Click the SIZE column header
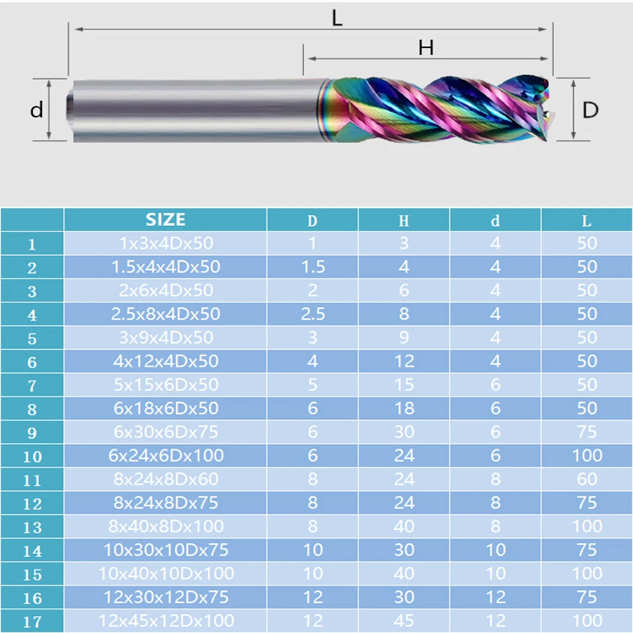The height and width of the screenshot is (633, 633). click(x=165, y=220)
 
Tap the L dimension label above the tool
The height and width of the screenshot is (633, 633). click(x=337, y=18)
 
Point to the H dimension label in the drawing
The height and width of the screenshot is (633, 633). click(x=426, y=47)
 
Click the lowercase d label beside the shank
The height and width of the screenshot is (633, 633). click(x=36, y=110)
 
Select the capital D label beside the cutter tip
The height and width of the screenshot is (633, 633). click(x=590, y=110)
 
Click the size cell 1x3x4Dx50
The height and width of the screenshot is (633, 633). click(x=166, y=243)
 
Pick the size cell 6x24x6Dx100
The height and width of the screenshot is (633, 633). click(x=166, y=455)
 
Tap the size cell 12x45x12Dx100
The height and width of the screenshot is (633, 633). click(x=166, y=620)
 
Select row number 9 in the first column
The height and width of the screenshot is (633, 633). click(x=32, y=433)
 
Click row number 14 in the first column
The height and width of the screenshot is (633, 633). click(x=32, y=551)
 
